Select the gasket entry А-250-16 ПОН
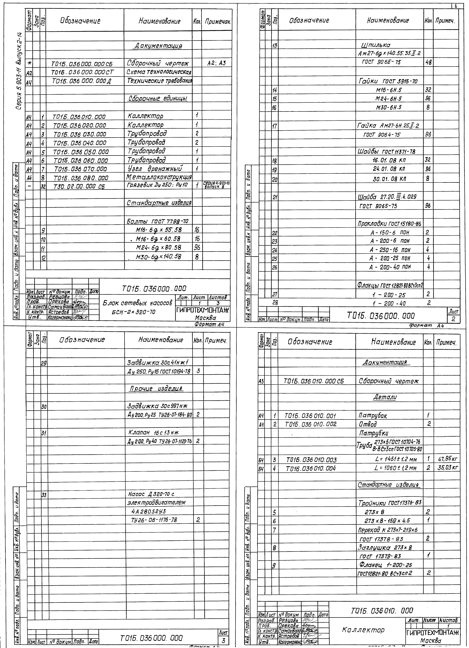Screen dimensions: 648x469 pyautogui.click(x=390, y=250)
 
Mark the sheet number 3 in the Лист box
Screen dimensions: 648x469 pyautogui.click(x=223, y=639)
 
